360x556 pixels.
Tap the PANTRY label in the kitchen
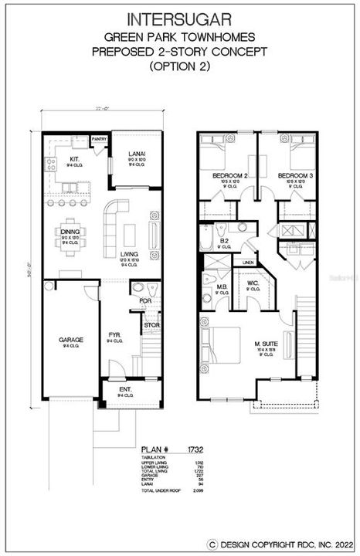pos(99,139)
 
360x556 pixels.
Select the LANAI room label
pos(136,154)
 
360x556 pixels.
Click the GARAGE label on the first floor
pos(70,339)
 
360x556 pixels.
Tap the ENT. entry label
pos(125,390)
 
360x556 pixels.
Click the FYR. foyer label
pos(113,335)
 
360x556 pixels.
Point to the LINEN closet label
pos(248,263)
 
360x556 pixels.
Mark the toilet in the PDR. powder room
pos(138,288)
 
